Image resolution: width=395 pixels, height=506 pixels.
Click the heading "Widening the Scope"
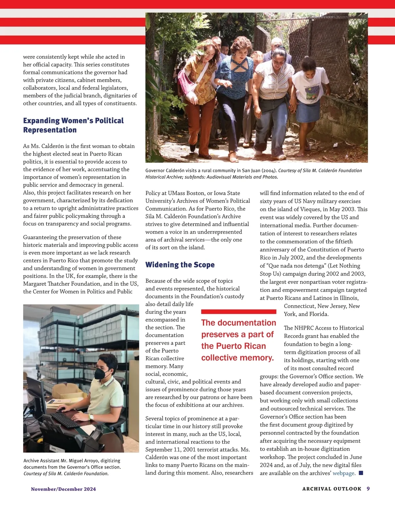pos(180,265)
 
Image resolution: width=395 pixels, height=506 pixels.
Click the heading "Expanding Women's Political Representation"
pos(73,125)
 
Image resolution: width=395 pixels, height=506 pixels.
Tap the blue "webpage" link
pos(344,473)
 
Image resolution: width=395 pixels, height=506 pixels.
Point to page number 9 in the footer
pos(368,489)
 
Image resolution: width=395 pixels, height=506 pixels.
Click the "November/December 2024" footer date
pos(63,489)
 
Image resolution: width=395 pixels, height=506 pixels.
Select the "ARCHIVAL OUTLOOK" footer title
pos(331,489)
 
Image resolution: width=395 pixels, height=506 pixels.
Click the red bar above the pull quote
pos(238,312)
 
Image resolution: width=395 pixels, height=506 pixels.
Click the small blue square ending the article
pos(361,473)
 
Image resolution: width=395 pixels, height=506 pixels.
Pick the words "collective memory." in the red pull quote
pos(237,358)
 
